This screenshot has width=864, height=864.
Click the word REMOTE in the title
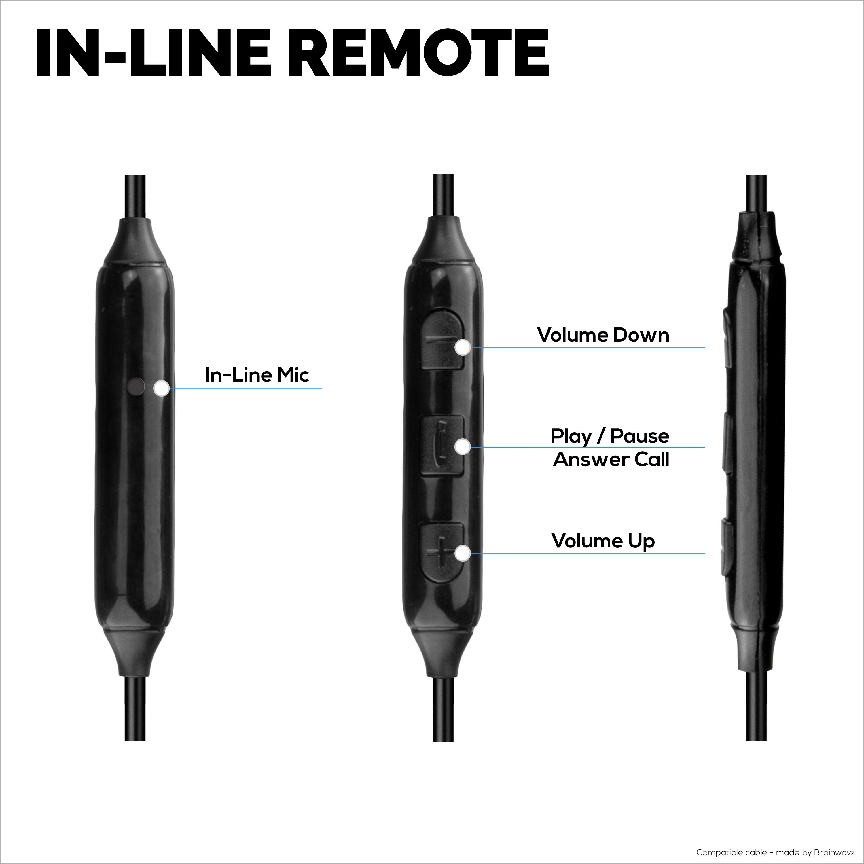click(422, 52)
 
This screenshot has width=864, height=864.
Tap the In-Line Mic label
click(257, 375)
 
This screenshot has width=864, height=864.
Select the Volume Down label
click(603, 335)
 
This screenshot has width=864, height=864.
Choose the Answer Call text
click(611, 460)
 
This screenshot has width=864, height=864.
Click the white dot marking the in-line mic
click(161, 388)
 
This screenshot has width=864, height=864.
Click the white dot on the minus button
click(463, 348)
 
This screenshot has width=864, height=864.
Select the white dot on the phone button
click(463, 446)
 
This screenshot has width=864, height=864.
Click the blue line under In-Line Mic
click(245, 389)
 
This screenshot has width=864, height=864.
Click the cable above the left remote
click(135, 197)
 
